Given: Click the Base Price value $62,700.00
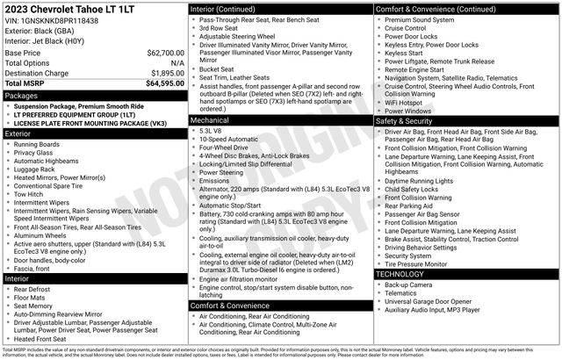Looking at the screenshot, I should [160, 53].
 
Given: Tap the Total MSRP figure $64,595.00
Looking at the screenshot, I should [157, 83].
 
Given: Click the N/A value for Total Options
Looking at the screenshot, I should [177, 63].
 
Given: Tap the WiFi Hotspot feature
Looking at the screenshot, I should [409, 103].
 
